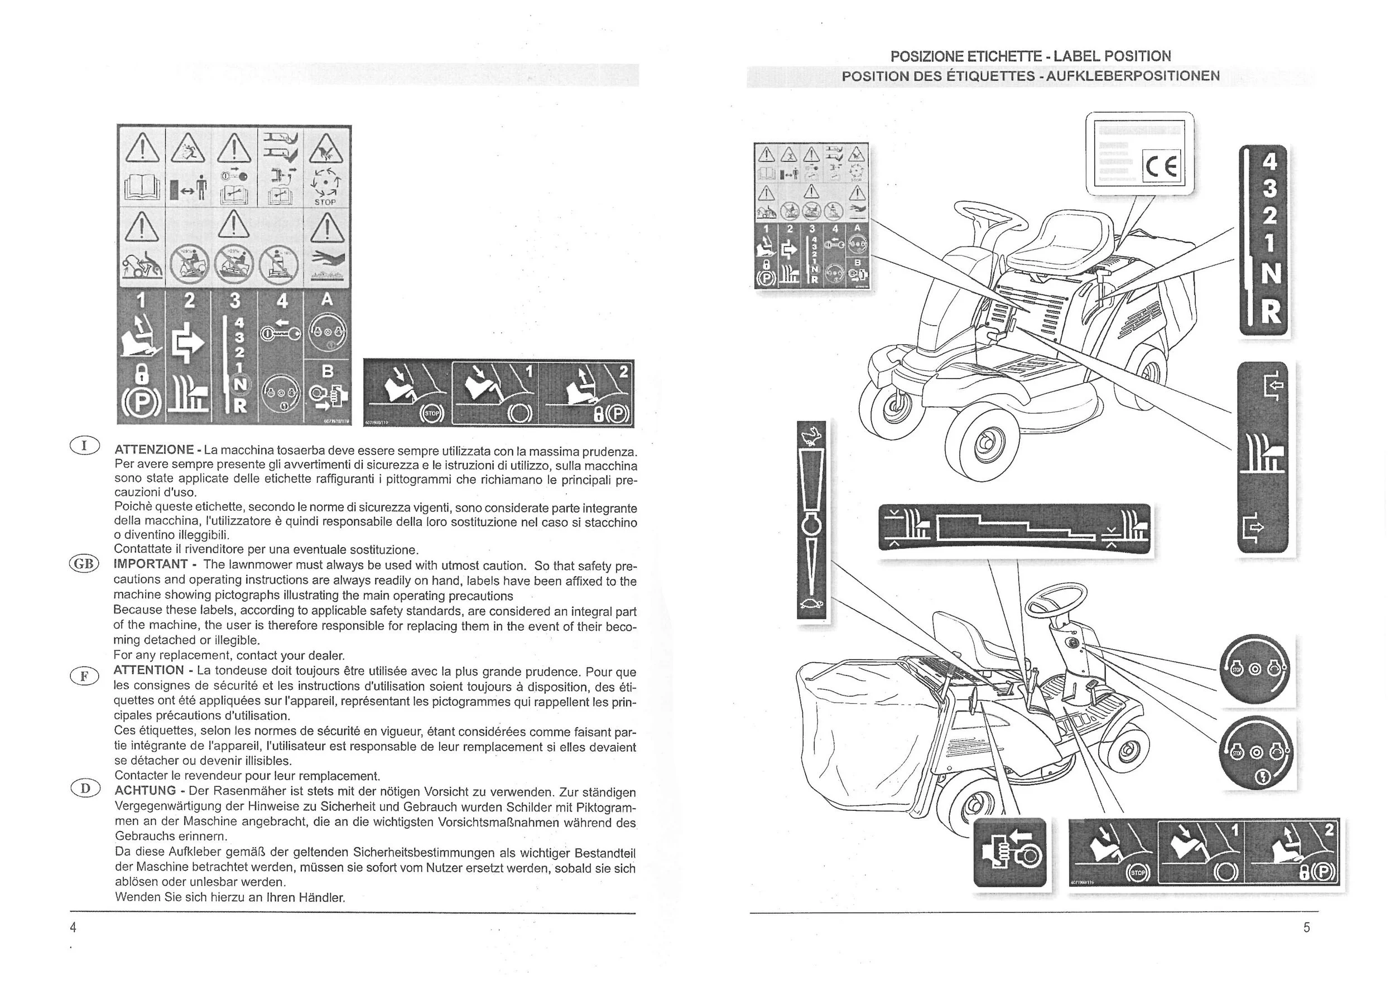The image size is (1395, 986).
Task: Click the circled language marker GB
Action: pyautogui.click(x=84, y=563)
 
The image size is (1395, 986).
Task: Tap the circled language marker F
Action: pyautogui.click(x=84, y=676)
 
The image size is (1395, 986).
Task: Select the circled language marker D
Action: pyautogui.click(x=84, y=789)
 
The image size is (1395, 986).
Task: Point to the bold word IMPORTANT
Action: pyautogui.click(x=150, y=564)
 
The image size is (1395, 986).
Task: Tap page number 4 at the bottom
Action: pyautogui.click(x=74, y=927)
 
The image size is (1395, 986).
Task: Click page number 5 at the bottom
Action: pyautogui.click(x=1306, y=927)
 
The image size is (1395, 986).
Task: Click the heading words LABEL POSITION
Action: pyautogui.click(x=1112, y=56)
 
